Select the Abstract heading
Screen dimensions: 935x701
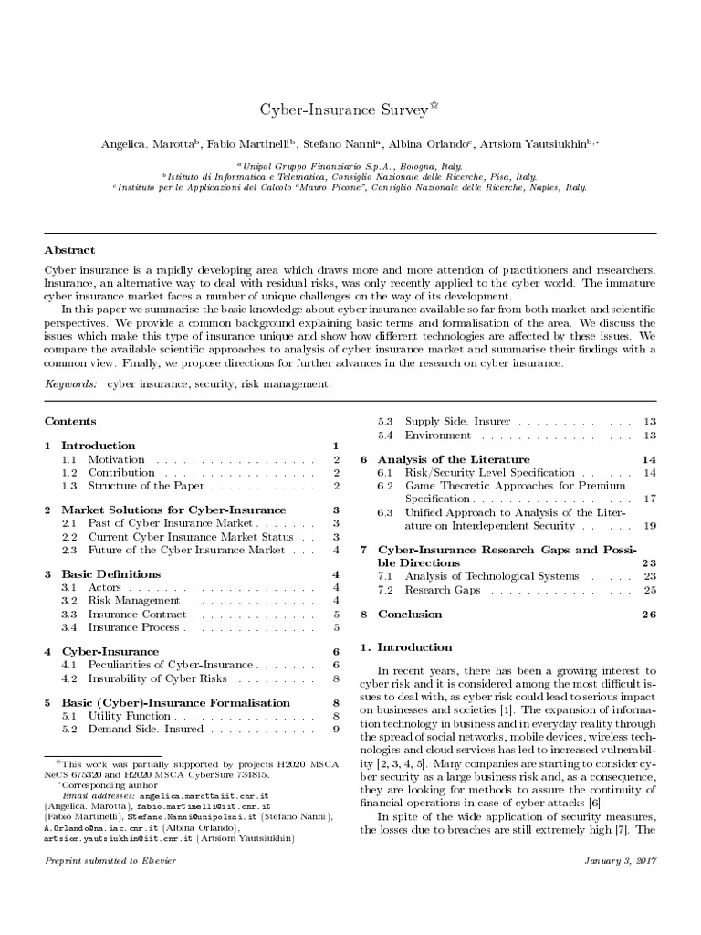[69, 249]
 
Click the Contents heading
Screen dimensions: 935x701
[70, 422]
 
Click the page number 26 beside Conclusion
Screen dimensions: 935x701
[648, 615]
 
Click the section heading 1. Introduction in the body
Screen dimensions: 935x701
[406, 647]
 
